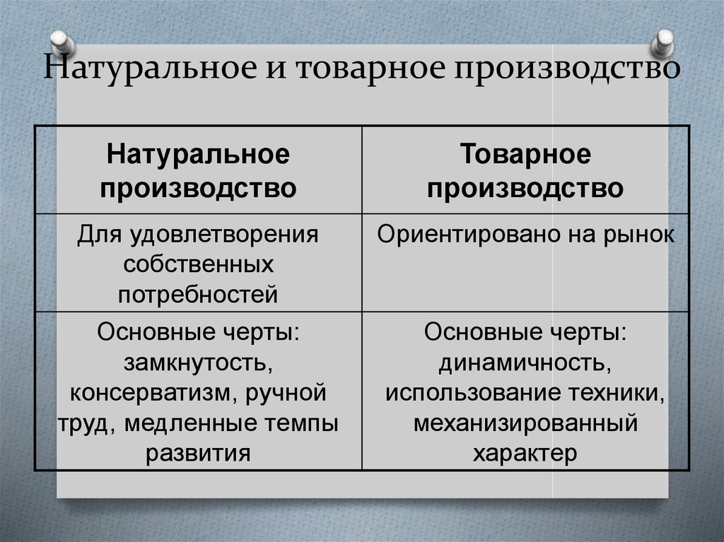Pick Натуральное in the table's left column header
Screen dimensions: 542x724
tap(198, 155)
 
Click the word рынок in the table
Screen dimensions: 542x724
tap(642, 235)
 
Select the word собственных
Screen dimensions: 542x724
tap(198, 265)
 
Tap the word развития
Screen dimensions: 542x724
tap(198, 453)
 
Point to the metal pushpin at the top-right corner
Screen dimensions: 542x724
tap(665, 43)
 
